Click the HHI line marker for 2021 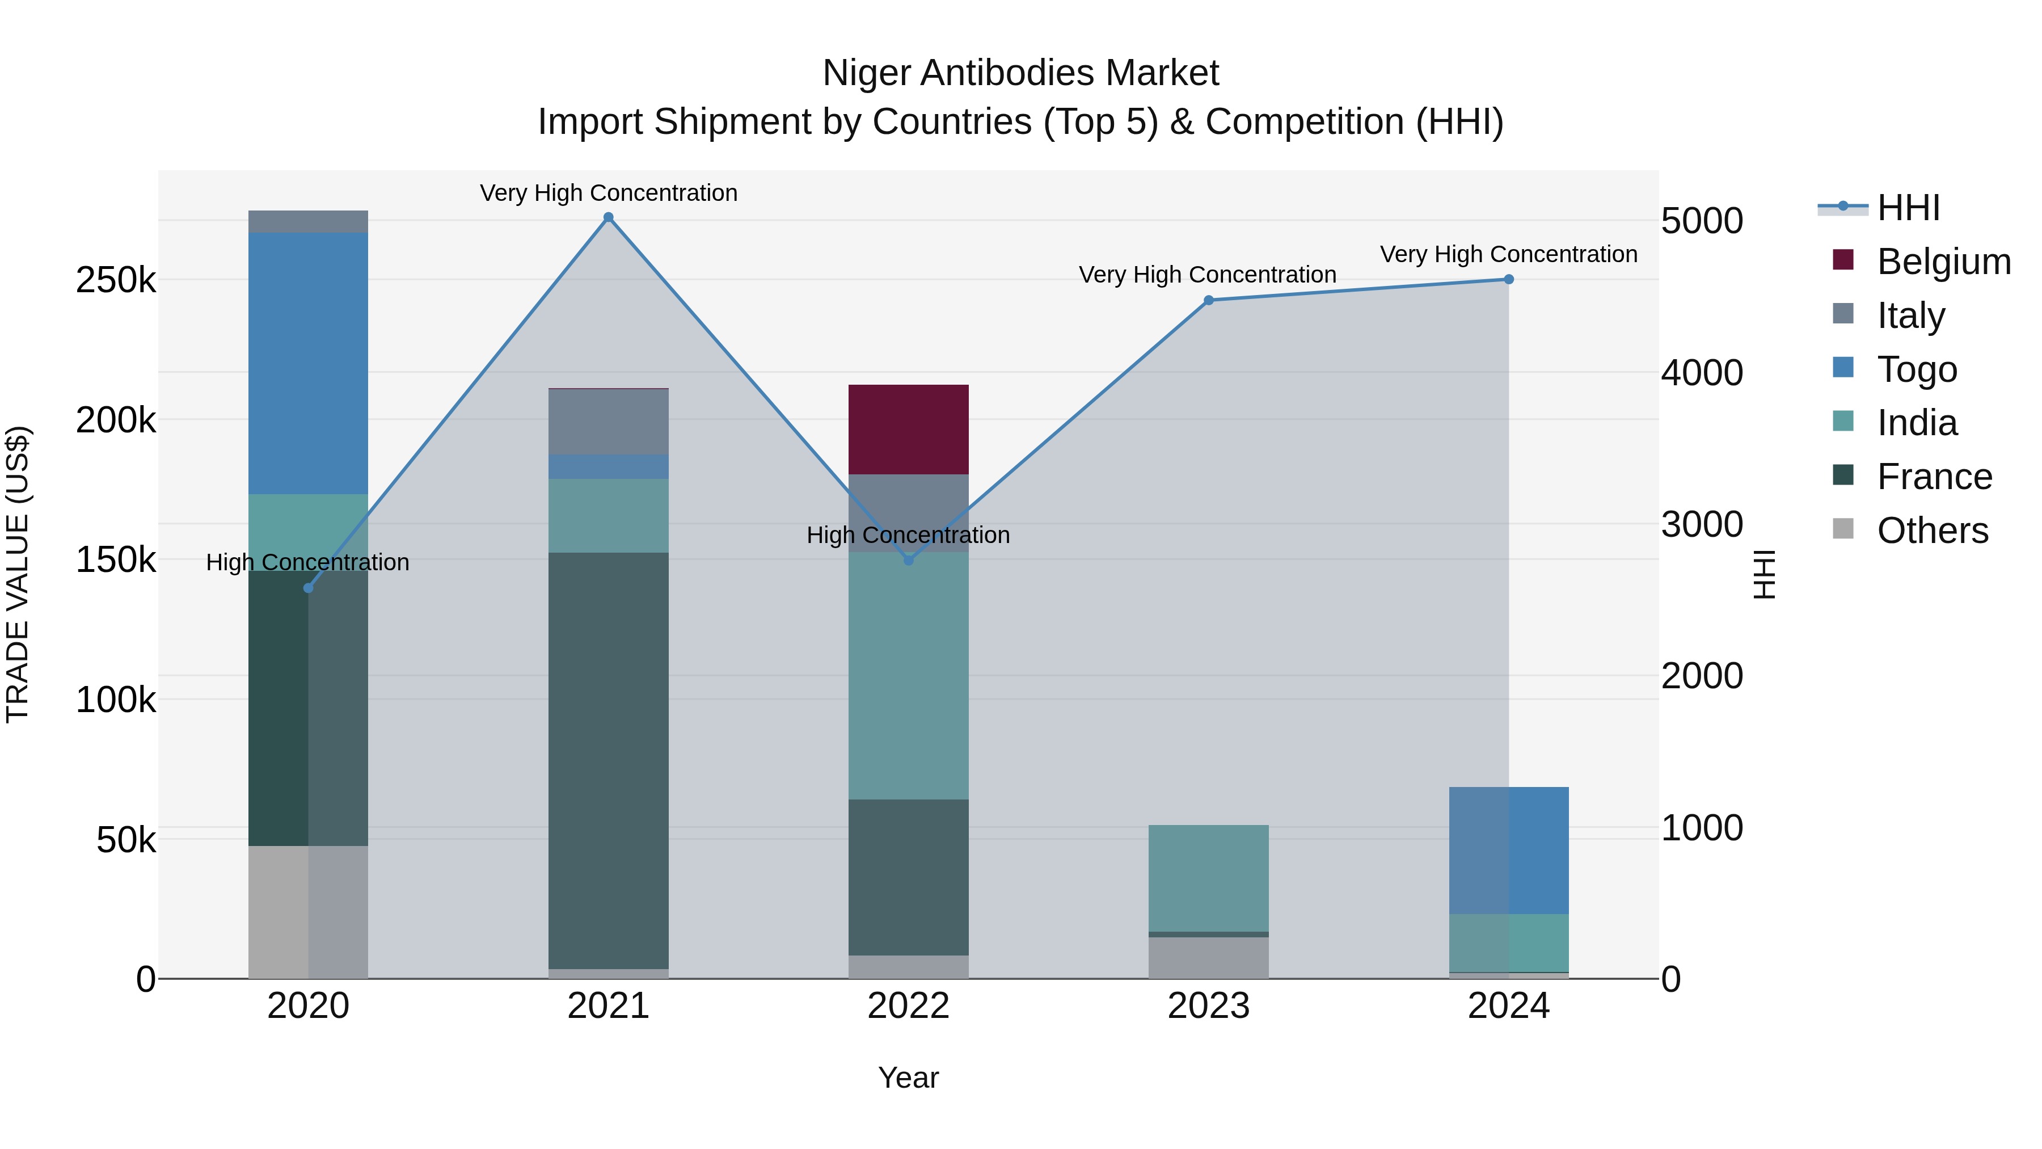click(608, 217)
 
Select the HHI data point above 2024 click(1508, 279)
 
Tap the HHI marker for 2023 click(1208, 301)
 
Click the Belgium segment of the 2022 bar click(909, 429)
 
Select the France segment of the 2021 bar click(608, 760)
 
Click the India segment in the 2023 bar click(1208, 878)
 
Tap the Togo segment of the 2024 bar click(1508, 850)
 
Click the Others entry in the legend click(1932, 531)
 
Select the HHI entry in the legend click(1908, 208)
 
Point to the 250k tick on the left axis click(116, 280)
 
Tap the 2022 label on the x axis click(909, 1006)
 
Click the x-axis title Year click(909, 1078)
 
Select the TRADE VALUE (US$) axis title click(18, 574)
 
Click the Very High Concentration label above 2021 click(608, 193)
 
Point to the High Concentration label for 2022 click(909, 535)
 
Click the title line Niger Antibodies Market click(1020, 73)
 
